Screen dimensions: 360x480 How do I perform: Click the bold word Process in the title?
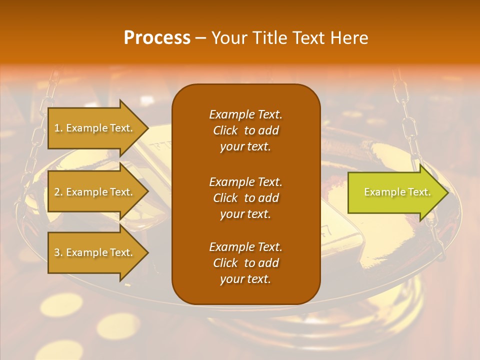coord(157,38)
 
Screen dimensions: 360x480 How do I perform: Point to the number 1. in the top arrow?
coord(58,128)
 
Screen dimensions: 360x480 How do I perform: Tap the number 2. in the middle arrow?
coord(58,192)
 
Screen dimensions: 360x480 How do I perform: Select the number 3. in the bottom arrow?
coord(58,252)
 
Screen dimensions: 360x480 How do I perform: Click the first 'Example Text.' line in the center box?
coord(245,114)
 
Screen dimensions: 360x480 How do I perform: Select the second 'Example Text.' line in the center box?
coord(245,181)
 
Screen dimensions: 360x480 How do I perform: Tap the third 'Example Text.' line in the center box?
coord(245,247)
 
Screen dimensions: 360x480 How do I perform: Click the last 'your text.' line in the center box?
coord(245,279)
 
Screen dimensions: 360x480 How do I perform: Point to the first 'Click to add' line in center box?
coord(245,130)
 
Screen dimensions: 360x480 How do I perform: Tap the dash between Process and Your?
coord(200,38)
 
